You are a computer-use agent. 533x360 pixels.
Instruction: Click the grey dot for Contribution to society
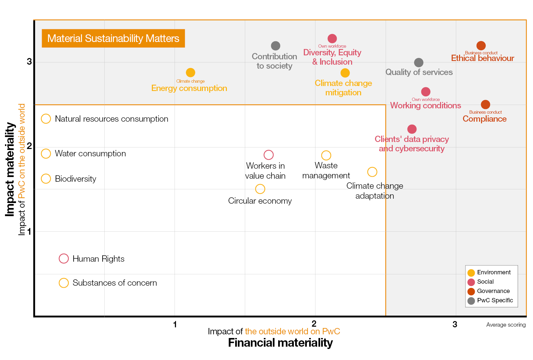[x=275, y=46]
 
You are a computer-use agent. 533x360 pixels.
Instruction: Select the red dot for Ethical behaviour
[x=481, y=46]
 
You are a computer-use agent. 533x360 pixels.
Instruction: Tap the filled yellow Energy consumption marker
[x=190, y=72]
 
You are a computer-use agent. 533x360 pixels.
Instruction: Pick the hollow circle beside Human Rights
[x=64, y=259]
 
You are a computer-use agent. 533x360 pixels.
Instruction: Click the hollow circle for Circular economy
[x=260, y=189]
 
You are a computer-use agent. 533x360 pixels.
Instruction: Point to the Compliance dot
[x=485, y=105]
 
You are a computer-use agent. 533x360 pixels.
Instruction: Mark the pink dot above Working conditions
[x=426, y=92]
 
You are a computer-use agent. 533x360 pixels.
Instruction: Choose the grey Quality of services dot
[x=419, y=63]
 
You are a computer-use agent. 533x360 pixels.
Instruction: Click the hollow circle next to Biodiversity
[x=46, y=179]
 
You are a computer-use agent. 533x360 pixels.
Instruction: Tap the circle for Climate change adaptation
[x=372, y=172]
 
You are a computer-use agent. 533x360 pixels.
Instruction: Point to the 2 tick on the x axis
[x=314, y=324]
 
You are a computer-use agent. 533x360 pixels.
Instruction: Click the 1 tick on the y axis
[x=29, y=231]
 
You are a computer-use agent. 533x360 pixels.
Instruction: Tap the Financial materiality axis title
[x=280, y=343]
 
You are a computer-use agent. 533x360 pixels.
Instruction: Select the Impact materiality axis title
[x=10, y=169]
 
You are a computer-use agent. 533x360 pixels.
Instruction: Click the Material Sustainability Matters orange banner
[x=113, y=38]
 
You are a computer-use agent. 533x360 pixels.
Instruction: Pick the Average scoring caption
[x=506, y=325]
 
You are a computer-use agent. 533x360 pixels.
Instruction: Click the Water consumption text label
[x=90, y=154]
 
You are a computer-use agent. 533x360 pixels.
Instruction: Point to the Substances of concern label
[x=115, y=283]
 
